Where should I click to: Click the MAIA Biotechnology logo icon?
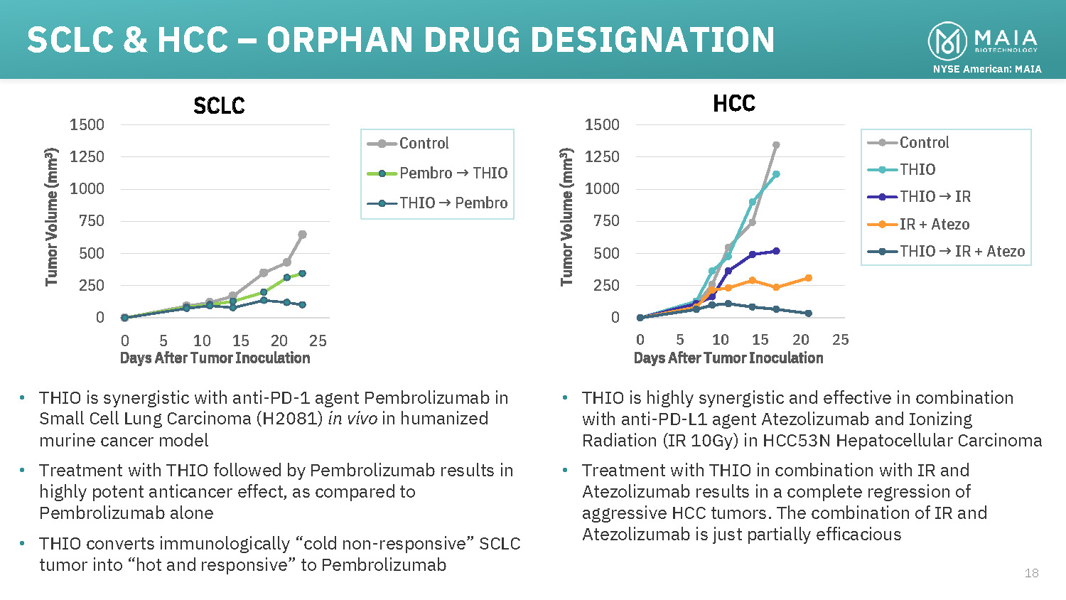947,41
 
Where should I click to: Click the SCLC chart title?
219,106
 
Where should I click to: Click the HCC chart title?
734,104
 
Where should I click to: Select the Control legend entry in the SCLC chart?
424,144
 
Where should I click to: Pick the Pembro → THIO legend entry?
453,173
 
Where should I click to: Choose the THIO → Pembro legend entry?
453,203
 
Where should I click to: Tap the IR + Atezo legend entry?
934,225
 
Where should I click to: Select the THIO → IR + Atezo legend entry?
962,252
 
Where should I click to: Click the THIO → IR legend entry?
935,197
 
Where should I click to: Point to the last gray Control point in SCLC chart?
302,235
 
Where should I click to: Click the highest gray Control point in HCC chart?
776,145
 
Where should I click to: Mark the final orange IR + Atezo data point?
809,278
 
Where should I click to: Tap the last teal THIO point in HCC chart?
776,174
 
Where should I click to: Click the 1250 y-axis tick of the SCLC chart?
87,157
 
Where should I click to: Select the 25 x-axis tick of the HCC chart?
841,340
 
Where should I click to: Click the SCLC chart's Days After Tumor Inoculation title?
215,358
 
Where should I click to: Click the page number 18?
1031,573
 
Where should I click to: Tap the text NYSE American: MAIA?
987,69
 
